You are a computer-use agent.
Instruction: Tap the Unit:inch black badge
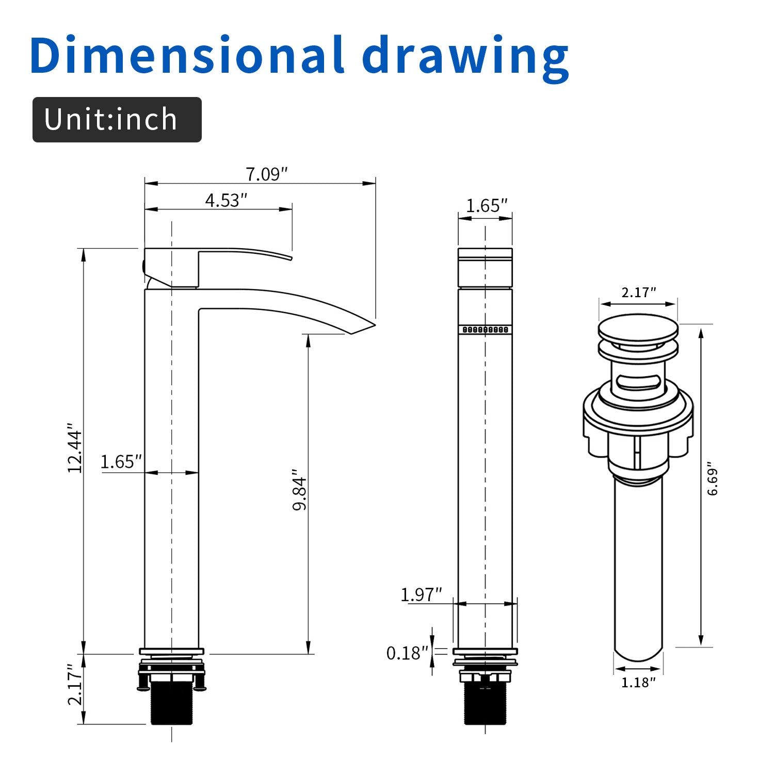click(x=117, y=120)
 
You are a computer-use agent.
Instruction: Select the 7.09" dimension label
click(x=266, y=174)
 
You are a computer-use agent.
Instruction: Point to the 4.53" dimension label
click(x=226, y=200)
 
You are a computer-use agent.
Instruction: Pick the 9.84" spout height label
click(x=300, y=490)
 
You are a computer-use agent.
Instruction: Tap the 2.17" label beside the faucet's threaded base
click(x=75, y=685)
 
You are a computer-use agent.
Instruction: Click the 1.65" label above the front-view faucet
click(x=487, y=206)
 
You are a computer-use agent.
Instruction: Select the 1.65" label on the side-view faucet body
click(x=121, y=461)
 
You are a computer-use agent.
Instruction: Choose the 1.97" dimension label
click(x=421, y=594)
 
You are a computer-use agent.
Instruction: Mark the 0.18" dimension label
click(x=407, y=653)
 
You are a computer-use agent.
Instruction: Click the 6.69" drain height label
click(x=713, y=478)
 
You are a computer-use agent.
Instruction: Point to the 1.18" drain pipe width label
click(x=638, y=682)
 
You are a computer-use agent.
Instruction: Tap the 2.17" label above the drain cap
click(x=638, y=293)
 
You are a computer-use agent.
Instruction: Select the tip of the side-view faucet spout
click(x=366, y=327)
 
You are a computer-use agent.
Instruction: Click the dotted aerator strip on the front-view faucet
click(x=485, y=330)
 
